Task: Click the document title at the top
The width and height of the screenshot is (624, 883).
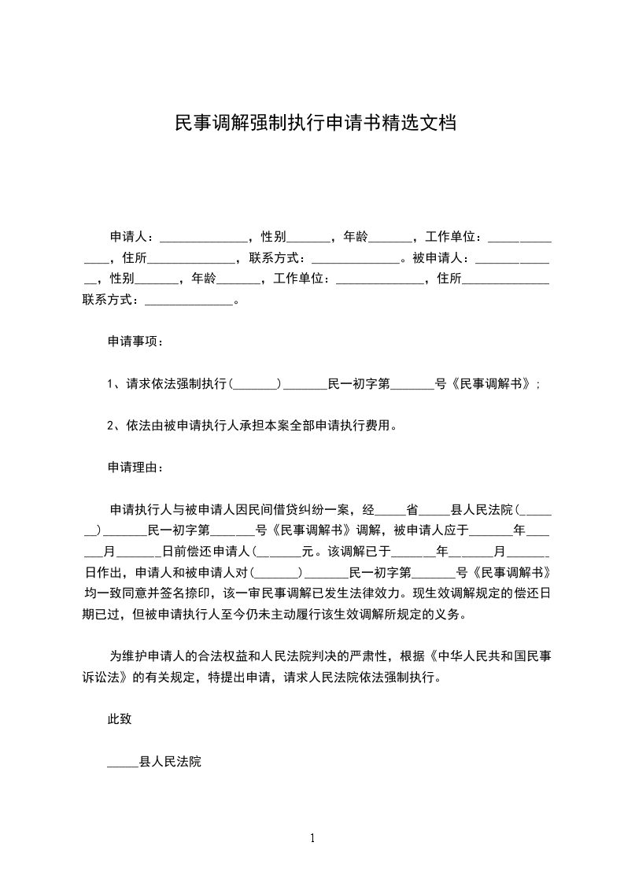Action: click(x=314, y=124)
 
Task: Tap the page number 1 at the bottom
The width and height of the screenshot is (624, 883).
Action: click(x=312, y=838)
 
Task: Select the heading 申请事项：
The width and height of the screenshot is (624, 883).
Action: click(x=136, y=342)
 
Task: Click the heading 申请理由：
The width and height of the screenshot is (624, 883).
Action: click(x=136, y=467)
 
